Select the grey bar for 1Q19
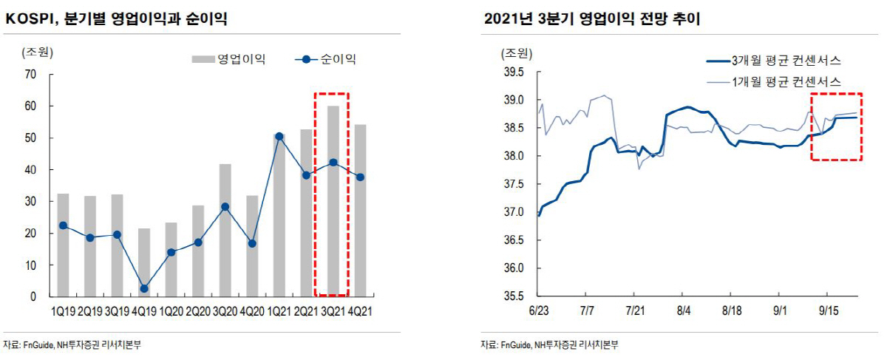click(x=64, y=245)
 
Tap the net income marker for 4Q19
click(x=144, y=288)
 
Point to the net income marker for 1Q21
click(x=279, y=136)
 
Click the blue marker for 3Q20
click(x=225, y=207)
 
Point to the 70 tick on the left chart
click(x=30, y=74)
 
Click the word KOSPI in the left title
click(x=29, y=20)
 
